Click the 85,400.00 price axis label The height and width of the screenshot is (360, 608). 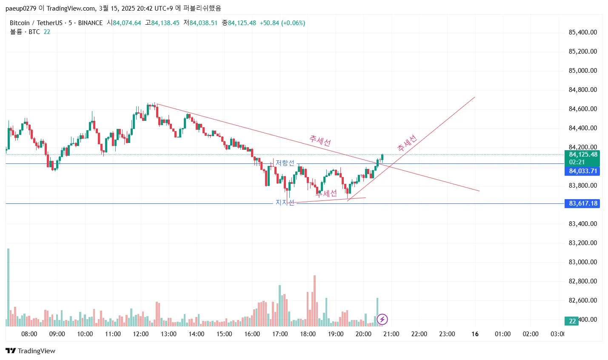(582, 32)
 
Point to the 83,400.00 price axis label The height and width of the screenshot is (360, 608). (582, 224)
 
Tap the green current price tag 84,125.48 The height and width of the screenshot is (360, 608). (582, 155)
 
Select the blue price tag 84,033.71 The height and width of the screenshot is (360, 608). (582, 171)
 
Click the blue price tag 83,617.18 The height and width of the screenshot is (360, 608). (582, 203)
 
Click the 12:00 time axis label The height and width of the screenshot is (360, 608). (141, 334)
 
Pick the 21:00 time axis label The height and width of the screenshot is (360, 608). (391, 334)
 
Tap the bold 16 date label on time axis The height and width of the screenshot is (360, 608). (475, 334)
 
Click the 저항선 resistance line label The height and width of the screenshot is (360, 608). (285, 163)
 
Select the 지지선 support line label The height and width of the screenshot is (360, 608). (285, 203)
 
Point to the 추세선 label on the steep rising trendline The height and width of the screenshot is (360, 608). (407, 143)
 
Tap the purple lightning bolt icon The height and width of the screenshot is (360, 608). (382, 319)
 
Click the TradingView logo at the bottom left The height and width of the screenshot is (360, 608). (30, 351)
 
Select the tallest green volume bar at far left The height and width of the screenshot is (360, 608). (8, 287)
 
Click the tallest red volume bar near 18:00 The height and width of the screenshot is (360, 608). (314, 300)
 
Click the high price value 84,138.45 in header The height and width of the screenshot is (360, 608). (165, 23)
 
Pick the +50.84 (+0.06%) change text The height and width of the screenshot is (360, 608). (283, 23)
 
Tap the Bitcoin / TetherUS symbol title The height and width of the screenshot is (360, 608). (36, 23)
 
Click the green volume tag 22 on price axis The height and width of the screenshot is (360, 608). (572, 321)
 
